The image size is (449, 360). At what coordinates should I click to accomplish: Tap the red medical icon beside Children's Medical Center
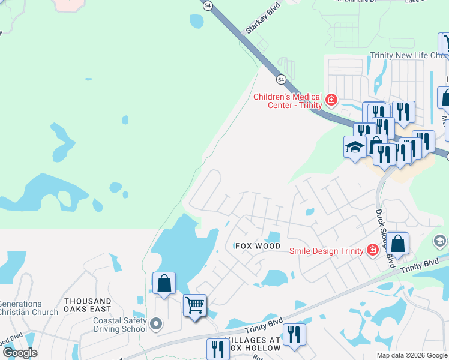click(x=330, y=98)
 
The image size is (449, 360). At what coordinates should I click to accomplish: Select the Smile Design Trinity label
click(x=327, y=251)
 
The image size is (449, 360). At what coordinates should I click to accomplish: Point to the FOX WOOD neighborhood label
click(x=258, y=246)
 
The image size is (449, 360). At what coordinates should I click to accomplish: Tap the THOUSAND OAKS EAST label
click(x=88, y=305)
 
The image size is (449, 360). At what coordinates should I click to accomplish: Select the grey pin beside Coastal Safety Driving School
click(x=156, y=325)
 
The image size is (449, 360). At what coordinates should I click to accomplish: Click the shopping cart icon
click(x=194, y=305)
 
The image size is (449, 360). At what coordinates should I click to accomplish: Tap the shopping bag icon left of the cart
click(x=164, y=283)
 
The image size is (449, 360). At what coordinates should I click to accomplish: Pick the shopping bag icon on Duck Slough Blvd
click(x=397, y=243)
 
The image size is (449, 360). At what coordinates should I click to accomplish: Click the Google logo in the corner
click(x=20, y=353)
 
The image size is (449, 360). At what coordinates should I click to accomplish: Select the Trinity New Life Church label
click(x=408, y=55)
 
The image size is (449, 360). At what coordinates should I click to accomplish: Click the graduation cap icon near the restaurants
click(x=355, y=146)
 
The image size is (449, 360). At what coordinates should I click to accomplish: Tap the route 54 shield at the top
click(x=208, y=5)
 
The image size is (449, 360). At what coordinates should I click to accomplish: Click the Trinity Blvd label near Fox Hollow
click(x=263, y=327)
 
